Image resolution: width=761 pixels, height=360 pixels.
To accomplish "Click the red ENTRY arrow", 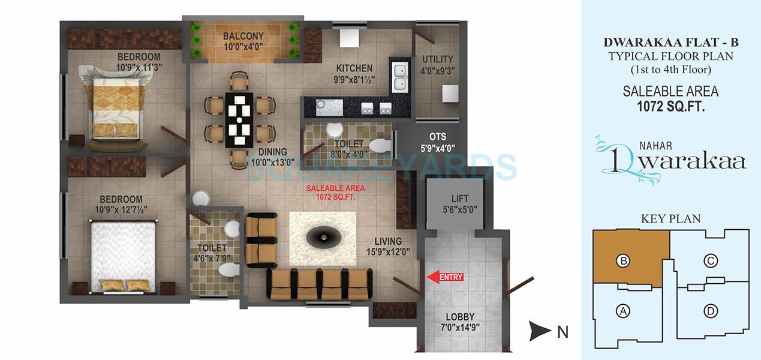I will pyautogui.click(x=444, y=277).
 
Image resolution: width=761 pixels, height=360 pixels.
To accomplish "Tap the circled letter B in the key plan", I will pyautogui.click(x=624, y=261).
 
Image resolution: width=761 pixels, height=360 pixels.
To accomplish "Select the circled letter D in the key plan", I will pyautogui.click(x=711, y=311).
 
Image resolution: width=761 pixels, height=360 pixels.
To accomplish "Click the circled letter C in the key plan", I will pyautogui.click(x=711, y=261).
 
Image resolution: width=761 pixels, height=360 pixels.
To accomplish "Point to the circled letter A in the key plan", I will pyautogui.click(x=624, y=311).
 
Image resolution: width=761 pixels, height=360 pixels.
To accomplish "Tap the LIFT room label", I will pyautogui.click(x=459, y=199).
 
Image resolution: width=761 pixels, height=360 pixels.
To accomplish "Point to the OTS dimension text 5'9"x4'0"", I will pyautogui.click(x=438, y=148).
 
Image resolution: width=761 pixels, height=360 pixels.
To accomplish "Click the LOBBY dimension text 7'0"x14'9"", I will pyautogui.click(x=461, y=328).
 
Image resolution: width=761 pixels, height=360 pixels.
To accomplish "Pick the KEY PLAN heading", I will pyautogui.click(x=670, y=218).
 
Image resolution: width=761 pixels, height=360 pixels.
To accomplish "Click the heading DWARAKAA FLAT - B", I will pyautogui.click(x=670, y=43).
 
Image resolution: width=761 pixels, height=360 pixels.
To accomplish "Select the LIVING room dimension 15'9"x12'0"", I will pyautogui.click(x=389, y=252).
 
